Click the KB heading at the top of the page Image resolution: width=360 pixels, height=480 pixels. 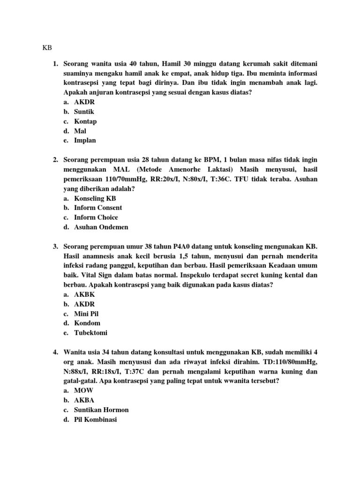47,48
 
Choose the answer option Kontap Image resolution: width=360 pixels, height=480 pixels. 85,121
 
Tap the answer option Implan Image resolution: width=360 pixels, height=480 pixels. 85,141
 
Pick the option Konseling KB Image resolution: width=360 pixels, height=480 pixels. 95,198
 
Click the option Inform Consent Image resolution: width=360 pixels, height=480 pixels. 98,208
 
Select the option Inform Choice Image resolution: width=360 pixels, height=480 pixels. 96,217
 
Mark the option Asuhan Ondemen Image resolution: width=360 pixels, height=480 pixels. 101,227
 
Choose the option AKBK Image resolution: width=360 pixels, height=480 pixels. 85,294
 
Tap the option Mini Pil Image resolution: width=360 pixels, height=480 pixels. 86,314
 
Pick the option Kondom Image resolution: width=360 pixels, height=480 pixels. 87,323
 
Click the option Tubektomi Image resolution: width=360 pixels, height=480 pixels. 90,333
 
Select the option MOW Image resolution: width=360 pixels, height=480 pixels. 83,390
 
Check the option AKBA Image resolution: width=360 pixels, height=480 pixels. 84,400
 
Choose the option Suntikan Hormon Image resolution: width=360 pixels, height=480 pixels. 101,410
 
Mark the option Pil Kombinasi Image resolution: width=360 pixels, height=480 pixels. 95,420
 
